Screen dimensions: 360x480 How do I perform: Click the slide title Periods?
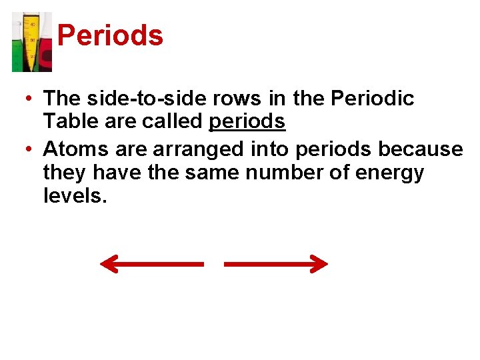(x=110, y=36)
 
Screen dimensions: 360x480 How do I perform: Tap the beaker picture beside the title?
(x=31, y=41)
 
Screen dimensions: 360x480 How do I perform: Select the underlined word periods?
(x=247, y=123)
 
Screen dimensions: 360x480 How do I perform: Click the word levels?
(x=74, y=196)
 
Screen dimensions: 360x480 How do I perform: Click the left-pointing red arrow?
(x=151, y=265)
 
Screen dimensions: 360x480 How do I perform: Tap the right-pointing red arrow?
(x=276, y=265)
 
